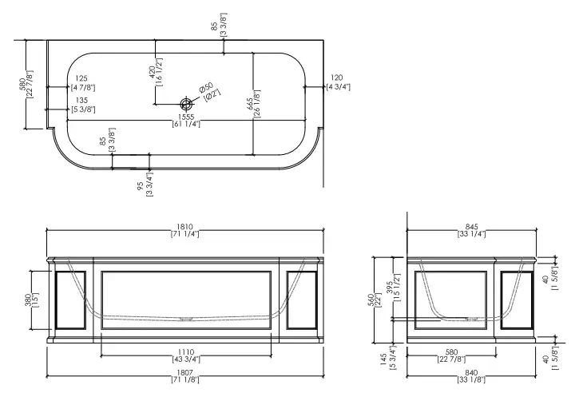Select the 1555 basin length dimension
point(185,117)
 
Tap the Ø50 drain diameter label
point(205,86)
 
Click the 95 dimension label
point(141,185)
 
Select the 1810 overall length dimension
point(185,227)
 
